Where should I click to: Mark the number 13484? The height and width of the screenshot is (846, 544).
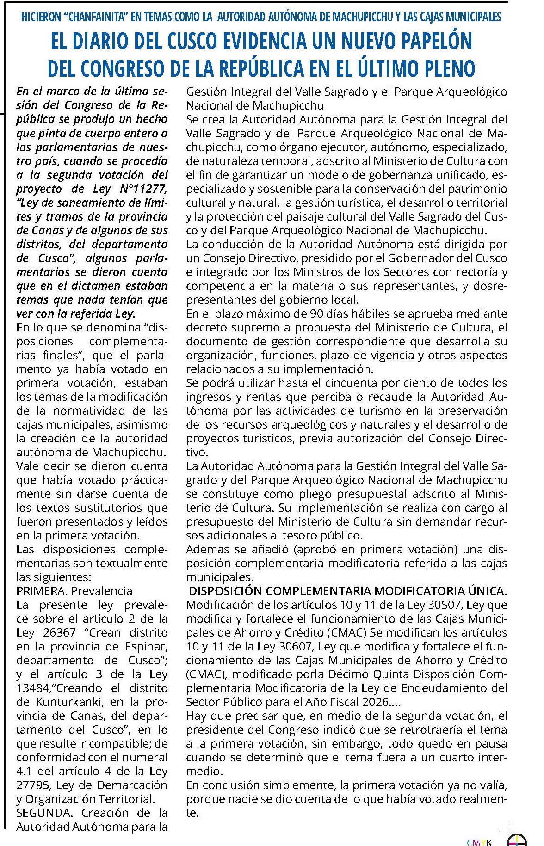(31, 688)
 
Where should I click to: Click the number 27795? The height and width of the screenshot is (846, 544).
(31, 785)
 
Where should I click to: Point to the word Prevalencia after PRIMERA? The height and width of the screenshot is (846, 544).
(102, 591)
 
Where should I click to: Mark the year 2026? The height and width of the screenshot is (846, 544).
(373, 702)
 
